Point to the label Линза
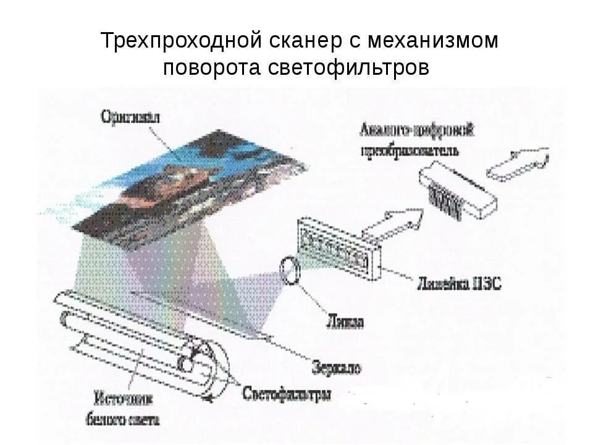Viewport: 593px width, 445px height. (344, 321)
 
